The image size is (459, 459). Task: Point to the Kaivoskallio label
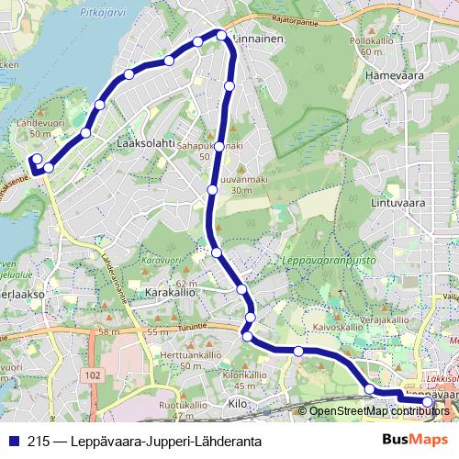pyautogui.click(x=339, y=327)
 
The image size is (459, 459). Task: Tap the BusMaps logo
pyautogui.click(x=413, y=441)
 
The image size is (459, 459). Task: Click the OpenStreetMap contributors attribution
pyautogui.click(x=379, y=411)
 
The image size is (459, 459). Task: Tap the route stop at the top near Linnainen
pyautogui.click(x=221, y=35)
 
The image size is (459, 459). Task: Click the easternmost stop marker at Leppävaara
pyautogui.click(x=427, y=400)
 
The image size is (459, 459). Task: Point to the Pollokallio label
pyautogui.click(x=358, y=41)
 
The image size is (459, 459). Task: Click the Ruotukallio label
pyautogui.click(x=183, y=404)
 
